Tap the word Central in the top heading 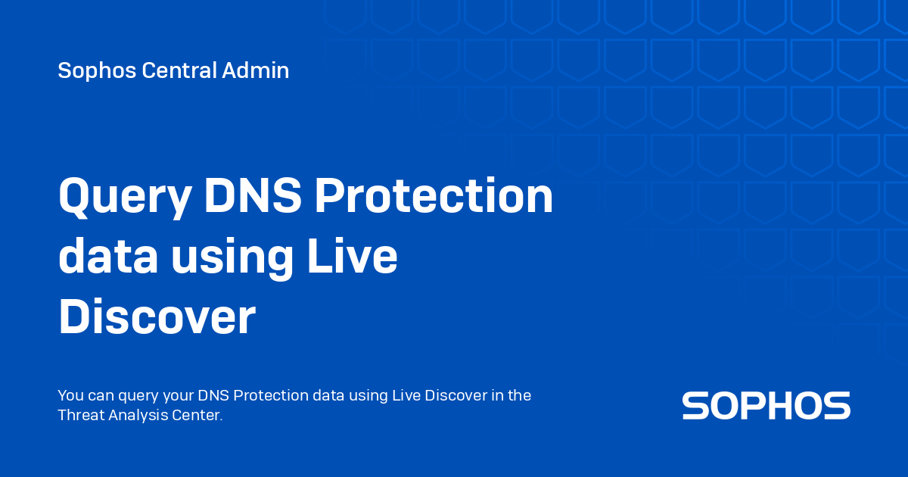[x=179, y=71]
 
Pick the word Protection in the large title [x=434, y=197]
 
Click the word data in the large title [x=108, y=257]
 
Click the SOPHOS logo [x=766, y=406]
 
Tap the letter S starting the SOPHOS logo [x=695, y=406]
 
